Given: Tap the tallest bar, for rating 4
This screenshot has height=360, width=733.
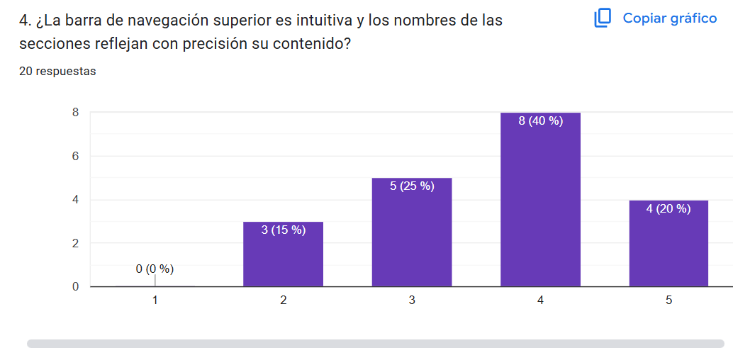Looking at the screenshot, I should (540, 206).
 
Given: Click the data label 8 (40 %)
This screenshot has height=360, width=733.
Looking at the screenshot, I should (540, 121).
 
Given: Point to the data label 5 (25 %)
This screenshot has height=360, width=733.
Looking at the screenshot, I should (412, 186).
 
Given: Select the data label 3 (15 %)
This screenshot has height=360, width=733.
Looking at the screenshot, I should (283, 230).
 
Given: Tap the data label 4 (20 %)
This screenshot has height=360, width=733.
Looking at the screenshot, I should (668, 208).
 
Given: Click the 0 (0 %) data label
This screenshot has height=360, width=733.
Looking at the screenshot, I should (155, 269).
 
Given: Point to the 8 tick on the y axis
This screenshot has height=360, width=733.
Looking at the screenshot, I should (74, 112).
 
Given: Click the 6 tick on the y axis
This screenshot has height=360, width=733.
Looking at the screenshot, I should (74, 156).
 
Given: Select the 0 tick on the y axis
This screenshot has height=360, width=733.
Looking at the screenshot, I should (74, 287).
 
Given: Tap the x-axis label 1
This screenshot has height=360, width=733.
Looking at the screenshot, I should (155, 300).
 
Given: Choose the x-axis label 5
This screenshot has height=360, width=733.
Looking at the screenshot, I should (668, 300).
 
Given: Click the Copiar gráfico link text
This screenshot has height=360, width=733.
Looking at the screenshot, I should (669, 18).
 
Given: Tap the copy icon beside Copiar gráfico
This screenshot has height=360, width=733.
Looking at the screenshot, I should (603, 18).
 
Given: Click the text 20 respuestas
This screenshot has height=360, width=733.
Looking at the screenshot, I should (57, 71).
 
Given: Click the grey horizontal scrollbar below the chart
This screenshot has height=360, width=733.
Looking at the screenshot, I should (376, 344).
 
